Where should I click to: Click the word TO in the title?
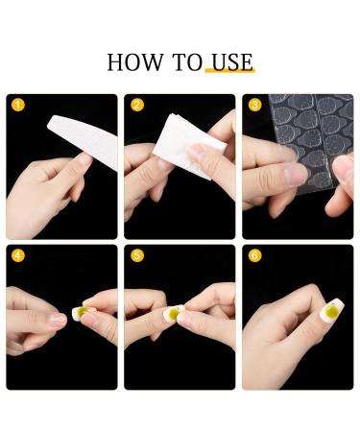(187, 63)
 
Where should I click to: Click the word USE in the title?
(229, 63)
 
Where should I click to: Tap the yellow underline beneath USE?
(229, 75)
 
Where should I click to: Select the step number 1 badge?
(16, 105)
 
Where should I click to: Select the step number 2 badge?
(136, 105)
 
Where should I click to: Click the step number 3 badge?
(254, 105)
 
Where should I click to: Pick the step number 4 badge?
(16, 256)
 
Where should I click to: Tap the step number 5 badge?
(136, 256)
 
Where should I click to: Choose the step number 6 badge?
(254, 256)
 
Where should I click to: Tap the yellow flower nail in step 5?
(176, 314)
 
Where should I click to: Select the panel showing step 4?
(61, 317)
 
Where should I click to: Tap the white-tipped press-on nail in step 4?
(60, 317)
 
